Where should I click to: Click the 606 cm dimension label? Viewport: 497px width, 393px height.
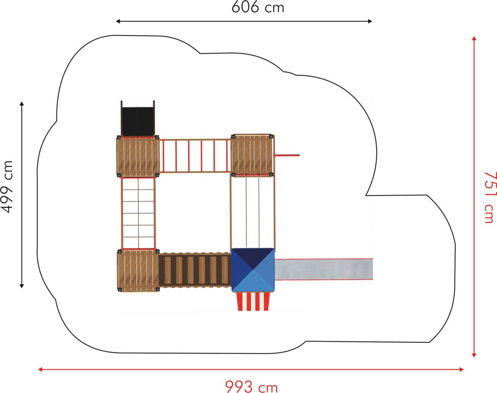tap(258, 8)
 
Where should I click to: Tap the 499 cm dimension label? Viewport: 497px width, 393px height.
tap(8, 187)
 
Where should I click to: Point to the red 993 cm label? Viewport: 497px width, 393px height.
tap(252, 386)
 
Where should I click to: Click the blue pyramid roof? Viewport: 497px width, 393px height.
tap(253, 270)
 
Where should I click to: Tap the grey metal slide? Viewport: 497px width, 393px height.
tap(324, 269)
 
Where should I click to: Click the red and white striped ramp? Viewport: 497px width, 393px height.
tap(254, 301)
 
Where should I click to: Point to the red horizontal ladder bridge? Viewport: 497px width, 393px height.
tap(195, 155)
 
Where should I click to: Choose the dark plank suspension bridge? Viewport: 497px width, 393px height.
tap(195, 270)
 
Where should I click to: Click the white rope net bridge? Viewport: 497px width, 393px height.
tap(138, 213)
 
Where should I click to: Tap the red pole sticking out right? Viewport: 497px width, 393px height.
tap(287, 155)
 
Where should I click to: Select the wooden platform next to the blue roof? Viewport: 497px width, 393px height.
tap(138, 270)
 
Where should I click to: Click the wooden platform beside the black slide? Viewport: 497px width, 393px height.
tap(138, 156)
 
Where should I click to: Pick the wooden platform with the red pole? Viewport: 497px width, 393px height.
tap(253, 155)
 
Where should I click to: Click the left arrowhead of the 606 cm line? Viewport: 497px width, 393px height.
tap(118, 21)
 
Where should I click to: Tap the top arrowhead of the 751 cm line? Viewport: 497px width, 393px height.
tap(474, 38)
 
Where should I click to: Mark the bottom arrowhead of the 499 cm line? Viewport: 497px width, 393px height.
tap(21, 286)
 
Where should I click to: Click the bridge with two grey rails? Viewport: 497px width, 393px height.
tap(253, 212)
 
